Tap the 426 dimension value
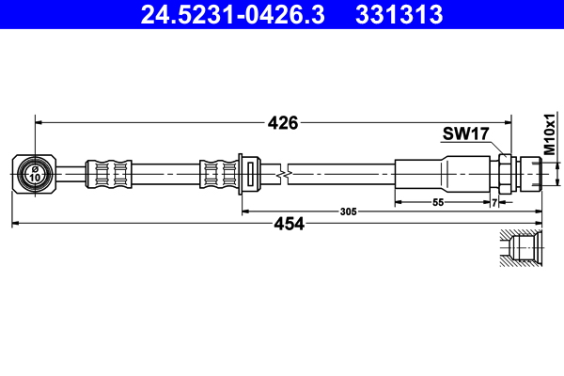point(282,122)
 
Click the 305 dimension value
point(348,212)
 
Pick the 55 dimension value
point(438,202)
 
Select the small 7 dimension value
point(494,202)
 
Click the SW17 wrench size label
point(465,134)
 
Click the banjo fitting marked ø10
point(34,173)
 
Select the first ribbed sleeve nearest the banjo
point(106,173)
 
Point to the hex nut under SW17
point(506,173)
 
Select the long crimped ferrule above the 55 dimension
point(442,173)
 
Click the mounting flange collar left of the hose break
point(245,174)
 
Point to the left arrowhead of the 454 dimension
point(16,223)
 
